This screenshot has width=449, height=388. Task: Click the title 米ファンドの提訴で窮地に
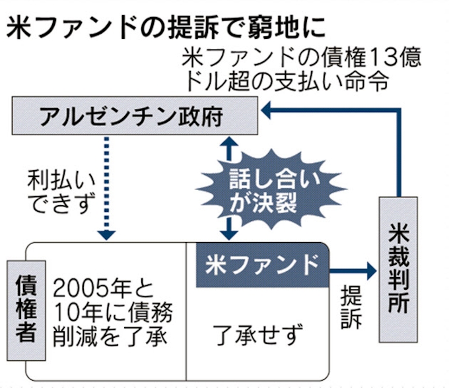click(166, 28)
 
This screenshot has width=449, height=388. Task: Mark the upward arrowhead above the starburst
click(228, 143)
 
